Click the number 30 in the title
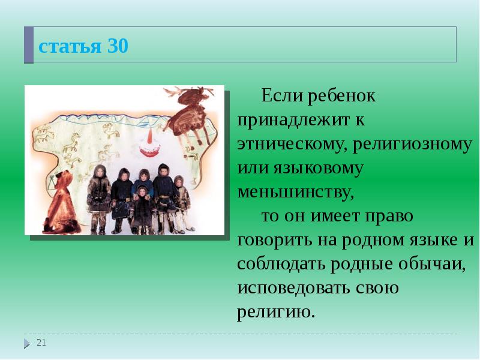pyautogui.click(x=118, y=46)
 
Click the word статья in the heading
pyautogui.click(x=69, y=47)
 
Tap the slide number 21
pyautogui.click(x=41, y=342)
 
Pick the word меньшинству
pyautogui.click(x=295, y=192)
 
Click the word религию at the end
pyautogui.click(x=275, y=313)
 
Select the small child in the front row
pyautogui.click(x=142, y=208)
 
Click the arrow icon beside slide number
pyautogui.click(x=27, y=343)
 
